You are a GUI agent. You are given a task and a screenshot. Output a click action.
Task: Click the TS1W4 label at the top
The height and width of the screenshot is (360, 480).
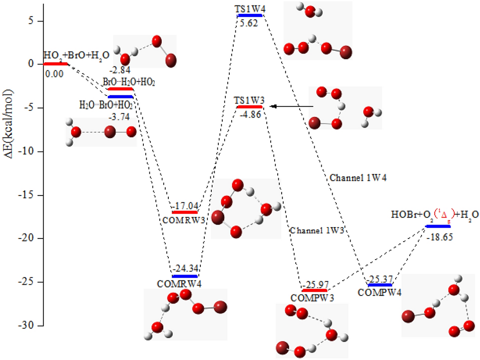click(x=249, y=9)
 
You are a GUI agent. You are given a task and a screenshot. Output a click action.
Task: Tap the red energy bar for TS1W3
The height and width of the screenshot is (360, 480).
click(x=249, y=107)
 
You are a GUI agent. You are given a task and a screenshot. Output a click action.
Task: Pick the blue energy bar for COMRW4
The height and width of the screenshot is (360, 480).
click(x=185, y=276)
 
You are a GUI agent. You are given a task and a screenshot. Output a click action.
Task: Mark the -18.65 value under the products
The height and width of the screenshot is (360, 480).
click(x=440, y=236)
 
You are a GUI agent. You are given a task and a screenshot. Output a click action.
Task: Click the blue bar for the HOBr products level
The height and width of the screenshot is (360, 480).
click(x=438, y=226)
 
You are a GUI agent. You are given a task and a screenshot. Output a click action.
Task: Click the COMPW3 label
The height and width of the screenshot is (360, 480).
click(x=312, y=297)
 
